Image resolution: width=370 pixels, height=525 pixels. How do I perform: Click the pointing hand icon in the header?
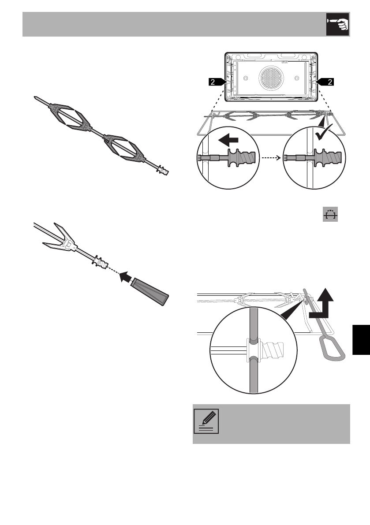pos(337,24)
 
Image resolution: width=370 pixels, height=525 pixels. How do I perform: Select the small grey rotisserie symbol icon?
pos(330,214)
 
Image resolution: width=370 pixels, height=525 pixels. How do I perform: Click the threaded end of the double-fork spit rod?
pos(163,171)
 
